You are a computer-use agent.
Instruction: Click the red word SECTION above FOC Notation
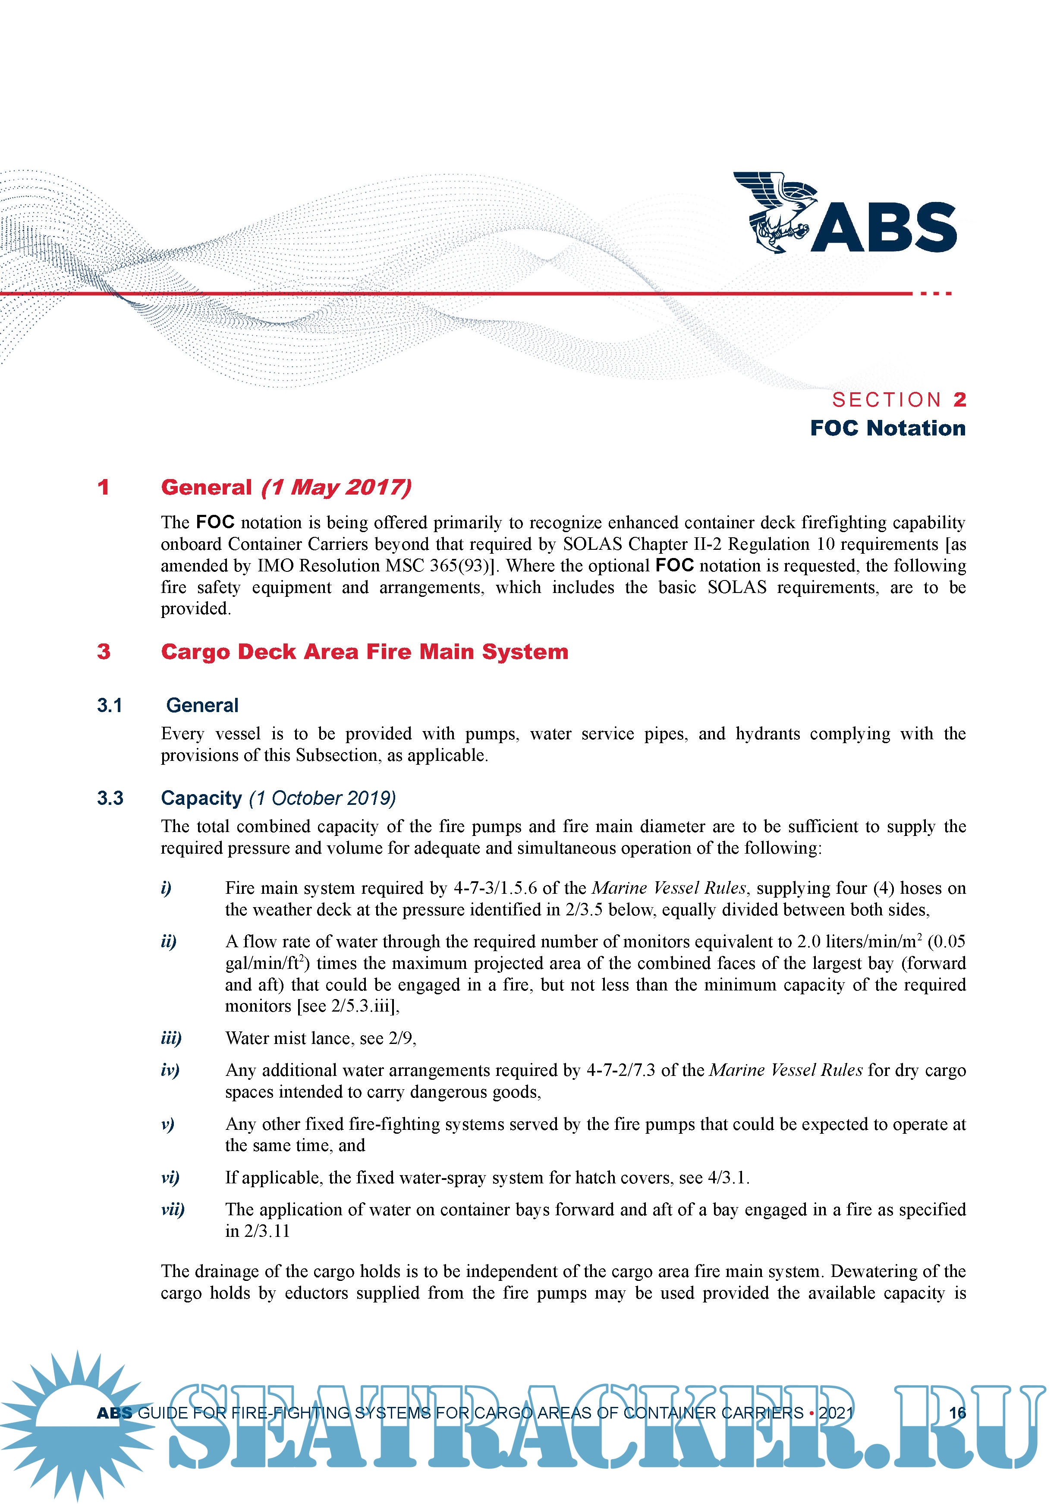[886, 400]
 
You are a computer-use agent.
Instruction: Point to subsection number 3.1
[110, 706]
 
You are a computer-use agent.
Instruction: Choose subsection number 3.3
[110, 798]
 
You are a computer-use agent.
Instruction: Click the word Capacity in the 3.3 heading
[201, 798]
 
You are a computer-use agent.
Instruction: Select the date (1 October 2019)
[322, 798]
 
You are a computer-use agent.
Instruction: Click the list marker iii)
[171, 1038]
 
